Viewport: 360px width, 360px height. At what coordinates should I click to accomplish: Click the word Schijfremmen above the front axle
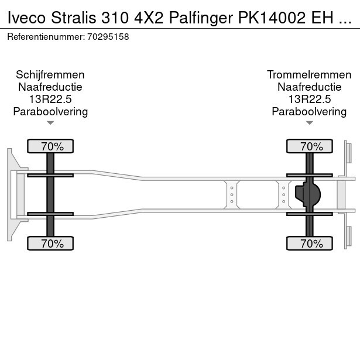point(50,75)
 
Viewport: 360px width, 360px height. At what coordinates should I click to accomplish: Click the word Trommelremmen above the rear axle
point(309,75)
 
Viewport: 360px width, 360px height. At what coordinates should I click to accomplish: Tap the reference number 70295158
point(108,37)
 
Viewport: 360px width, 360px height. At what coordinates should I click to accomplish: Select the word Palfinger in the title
point(201,18)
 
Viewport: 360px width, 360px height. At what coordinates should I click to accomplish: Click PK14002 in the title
point(272,18)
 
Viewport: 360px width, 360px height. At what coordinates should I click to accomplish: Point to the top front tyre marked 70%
point(50,146)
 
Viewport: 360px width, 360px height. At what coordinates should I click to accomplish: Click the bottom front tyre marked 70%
point(50,244)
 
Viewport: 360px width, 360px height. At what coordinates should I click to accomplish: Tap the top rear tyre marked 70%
point(310,146)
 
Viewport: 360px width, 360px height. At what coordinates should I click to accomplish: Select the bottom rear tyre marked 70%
point(310,244)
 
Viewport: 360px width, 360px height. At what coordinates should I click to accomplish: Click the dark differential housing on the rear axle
point(308,194)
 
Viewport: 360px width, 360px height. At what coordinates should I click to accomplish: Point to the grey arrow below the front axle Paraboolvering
point(50,123)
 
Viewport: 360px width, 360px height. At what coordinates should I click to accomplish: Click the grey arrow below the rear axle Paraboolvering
point(310,123)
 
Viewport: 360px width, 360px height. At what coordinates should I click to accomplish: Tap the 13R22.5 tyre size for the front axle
point(50,99)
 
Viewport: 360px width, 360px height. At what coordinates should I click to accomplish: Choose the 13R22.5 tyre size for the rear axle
point(310,99)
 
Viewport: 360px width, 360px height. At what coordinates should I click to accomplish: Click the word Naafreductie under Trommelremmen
point(310,87)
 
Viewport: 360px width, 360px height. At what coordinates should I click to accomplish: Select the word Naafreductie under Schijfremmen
point(50,87)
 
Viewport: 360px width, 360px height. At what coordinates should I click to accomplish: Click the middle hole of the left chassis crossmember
point(232,195)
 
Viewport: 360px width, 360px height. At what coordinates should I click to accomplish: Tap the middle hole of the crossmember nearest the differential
point(283,195)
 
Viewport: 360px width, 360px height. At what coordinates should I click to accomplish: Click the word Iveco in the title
point(26,18)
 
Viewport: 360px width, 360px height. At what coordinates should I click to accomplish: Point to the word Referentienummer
point(46,37)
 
